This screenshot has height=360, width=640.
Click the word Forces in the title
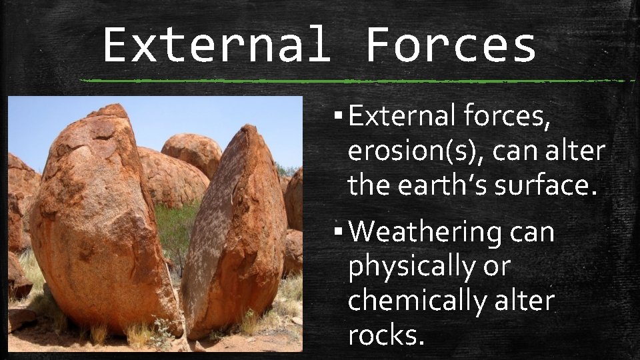tap(451, 45)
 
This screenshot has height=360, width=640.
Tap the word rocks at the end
tap(385, 335)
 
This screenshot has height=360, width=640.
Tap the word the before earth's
tap(369, 186)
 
